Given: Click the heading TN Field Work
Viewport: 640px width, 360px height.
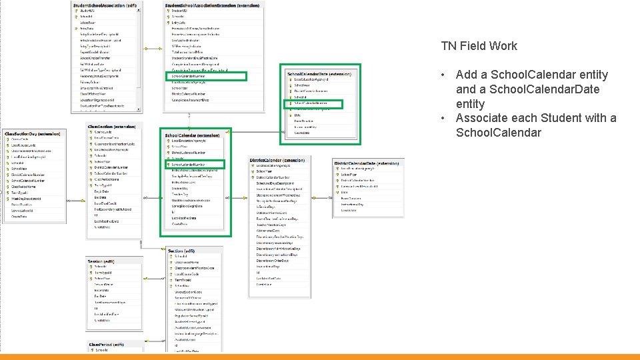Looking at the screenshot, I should [479, 46].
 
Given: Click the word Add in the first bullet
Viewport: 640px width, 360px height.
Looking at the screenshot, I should [467, 75].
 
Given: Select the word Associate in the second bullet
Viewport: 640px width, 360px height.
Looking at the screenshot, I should [483, 118].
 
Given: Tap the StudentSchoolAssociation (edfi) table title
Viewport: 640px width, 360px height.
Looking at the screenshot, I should [109, 5].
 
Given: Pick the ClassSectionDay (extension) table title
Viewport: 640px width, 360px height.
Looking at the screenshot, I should [33, 134].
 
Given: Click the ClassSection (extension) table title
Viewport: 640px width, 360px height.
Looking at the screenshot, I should [111, 125].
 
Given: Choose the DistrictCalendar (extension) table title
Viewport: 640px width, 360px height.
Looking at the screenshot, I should [277, 161].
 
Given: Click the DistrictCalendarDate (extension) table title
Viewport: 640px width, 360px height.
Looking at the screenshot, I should [369, 163].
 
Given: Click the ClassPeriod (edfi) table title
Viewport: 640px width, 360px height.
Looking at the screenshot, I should [107, 344].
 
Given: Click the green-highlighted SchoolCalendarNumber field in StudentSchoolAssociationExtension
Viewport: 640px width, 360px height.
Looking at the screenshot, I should [207, 76].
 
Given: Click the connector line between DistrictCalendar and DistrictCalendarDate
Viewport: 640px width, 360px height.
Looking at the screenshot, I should [321, 167].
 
